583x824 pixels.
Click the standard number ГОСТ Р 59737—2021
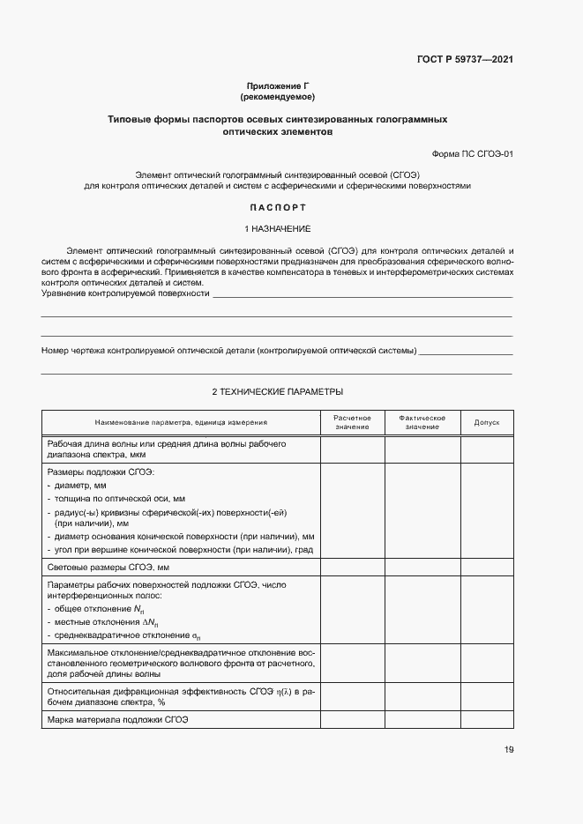(x=465, y=60)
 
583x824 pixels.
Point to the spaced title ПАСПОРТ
(x=277, y=208)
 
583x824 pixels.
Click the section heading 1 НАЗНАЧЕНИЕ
(x=277, y=229)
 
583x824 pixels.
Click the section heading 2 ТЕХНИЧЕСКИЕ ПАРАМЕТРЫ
(x=277, y=391)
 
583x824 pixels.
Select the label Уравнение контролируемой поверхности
(x=125, y=293)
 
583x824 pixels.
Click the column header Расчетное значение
(x=352, y=422)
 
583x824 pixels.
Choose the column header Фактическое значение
(x=422, y=422)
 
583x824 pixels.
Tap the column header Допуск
(x=487, y=422)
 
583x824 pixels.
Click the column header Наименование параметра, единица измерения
(x=181, y=423)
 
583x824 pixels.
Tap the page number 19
(x=508, y=750)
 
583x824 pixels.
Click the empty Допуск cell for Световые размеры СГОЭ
(x=487, y=568)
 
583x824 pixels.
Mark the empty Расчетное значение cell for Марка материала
(x=352, y=720)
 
